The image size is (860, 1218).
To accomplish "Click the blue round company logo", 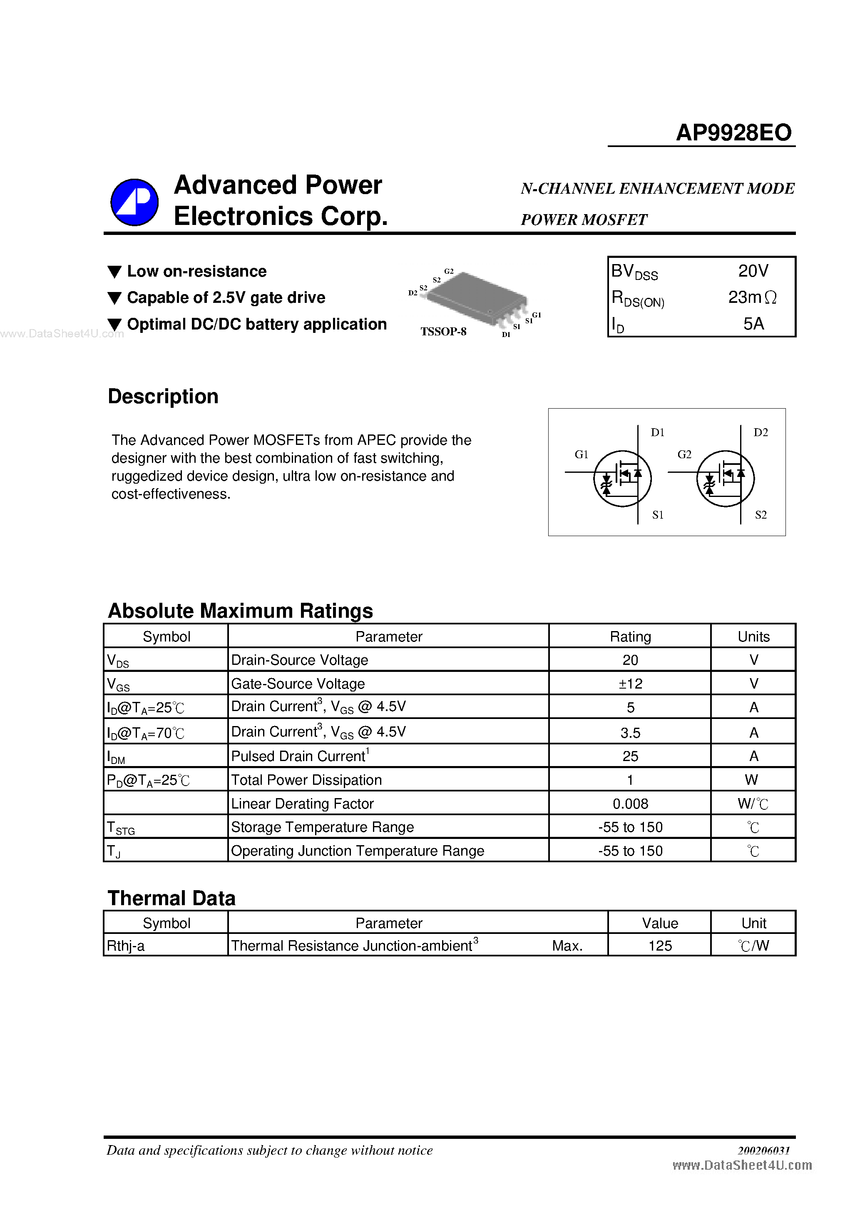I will pos(134,202).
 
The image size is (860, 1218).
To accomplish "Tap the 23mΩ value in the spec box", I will pos(752,297).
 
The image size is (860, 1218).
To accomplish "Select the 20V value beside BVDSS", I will pos(753,271).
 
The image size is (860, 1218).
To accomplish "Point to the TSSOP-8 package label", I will pos(443,332).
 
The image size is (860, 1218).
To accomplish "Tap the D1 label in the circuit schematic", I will pos(657,432).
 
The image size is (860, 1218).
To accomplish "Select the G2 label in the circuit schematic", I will pos(684,454).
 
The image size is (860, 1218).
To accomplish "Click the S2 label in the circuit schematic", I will pos(761,514).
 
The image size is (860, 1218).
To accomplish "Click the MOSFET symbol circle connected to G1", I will pos(622,479).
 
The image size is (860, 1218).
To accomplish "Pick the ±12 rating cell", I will pos(630,684).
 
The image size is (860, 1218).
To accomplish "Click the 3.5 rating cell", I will pos(630,733).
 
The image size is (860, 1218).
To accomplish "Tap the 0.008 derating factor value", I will pos(630,804).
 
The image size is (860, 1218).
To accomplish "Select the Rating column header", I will pos(630,636).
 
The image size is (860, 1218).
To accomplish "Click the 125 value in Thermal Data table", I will pos(660,946).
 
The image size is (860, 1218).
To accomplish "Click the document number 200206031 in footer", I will pos(763,1150).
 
